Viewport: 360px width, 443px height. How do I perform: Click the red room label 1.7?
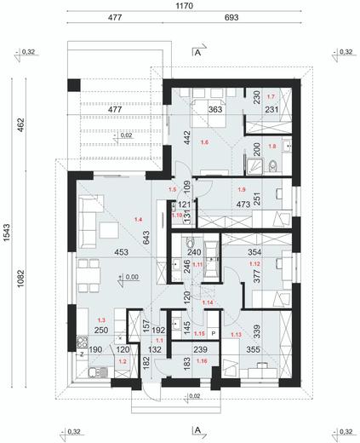[x=271, y=97]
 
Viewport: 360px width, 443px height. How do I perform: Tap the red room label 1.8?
[x=271, y=146]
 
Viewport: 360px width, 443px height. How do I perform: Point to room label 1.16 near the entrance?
[x=201, y=361]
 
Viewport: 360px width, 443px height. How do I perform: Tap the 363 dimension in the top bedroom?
[x=216, y=109]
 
